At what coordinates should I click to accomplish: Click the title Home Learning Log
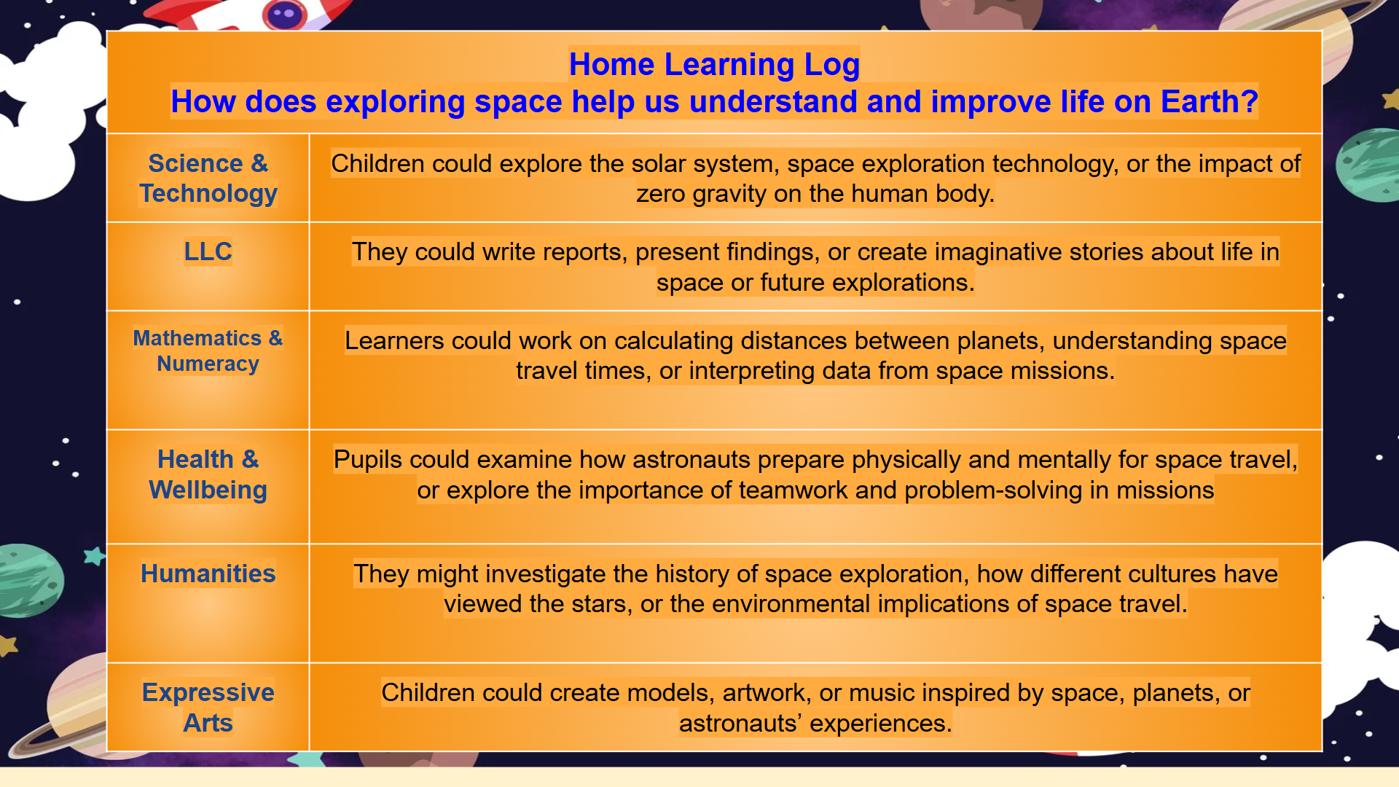[x=714, y=64]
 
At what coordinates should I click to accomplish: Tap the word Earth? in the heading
[x=1209, y=101]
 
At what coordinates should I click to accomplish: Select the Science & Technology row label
[x=208, y=178]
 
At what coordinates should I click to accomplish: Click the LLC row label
[x=208, y=251]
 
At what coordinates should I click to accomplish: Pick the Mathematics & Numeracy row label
[x=208, y=351]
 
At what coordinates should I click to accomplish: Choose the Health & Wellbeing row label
[x=208, y=474]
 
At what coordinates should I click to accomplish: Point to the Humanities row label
[x=208, y=573]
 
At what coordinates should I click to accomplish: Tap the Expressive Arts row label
[x=208, y=707]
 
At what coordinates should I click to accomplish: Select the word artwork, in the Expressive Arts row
[x=767, y=693]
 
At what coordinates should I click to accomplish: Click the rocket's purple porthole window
[x=285, y=13]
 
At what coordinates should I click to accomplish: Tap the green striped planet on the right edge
[x=1367, y=165]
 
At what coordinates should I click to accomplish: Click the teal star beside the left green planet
[x=95, y=557]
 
